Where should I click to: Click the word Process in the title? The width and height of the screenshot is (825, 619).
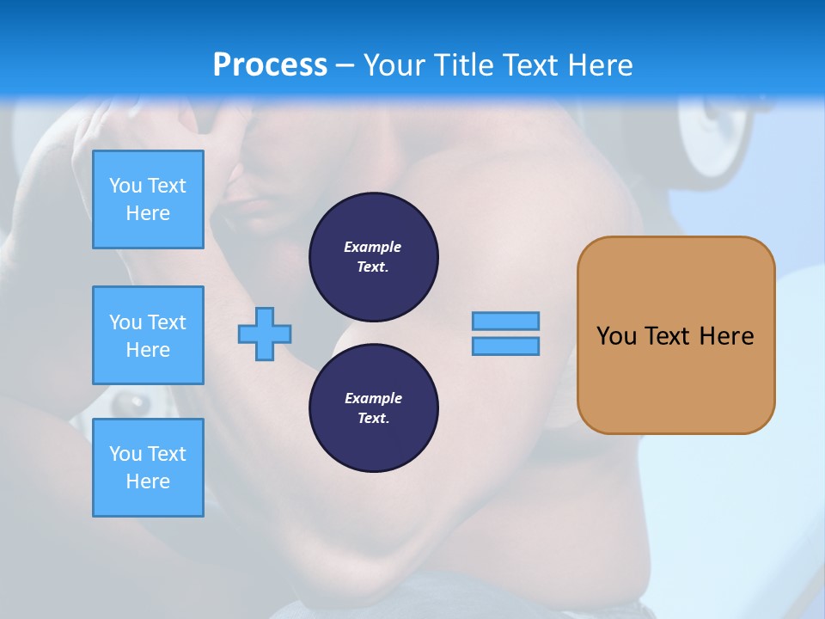click(270, 65)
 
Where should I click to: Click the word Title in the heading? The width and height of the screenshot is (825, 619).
click(464, 65)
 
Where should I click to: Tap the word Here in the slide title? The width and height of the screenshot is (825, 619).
click(599, 65)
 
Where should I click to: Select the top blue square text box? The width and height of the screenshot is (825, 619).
click(148, 199)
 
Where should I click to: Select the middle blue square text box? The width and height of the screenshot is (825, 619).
click(148, 335)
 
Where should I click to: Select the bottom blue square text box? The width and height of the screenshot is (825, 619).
click(148, 468)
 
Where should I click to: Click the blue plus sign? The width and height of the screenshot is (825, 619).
click(265, 334)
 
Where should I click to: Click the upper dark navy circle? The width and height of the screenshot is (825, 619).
click(374, 257)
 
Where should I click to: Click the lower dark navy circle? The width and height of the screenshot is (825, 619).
click(374, 408)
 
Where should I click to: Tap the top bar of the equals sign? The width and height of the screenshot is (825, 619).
click(505, 321)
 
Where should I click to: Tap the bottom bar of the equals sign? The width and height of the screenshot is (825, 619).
click(505, 346)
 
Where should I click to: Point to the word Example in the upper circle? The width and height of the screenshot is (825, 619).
click(373, 247)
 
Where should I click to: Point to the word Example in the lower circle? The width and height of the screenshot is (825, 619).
click(373, 398)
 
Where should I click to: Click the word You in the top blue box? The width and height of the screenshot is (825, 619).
click(125, 186)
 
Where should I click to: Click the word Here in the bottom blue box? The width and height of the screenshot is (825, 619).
click(148, 481)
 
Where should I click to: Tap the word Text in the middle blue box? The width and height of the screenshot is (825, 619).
click(166, 322)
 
